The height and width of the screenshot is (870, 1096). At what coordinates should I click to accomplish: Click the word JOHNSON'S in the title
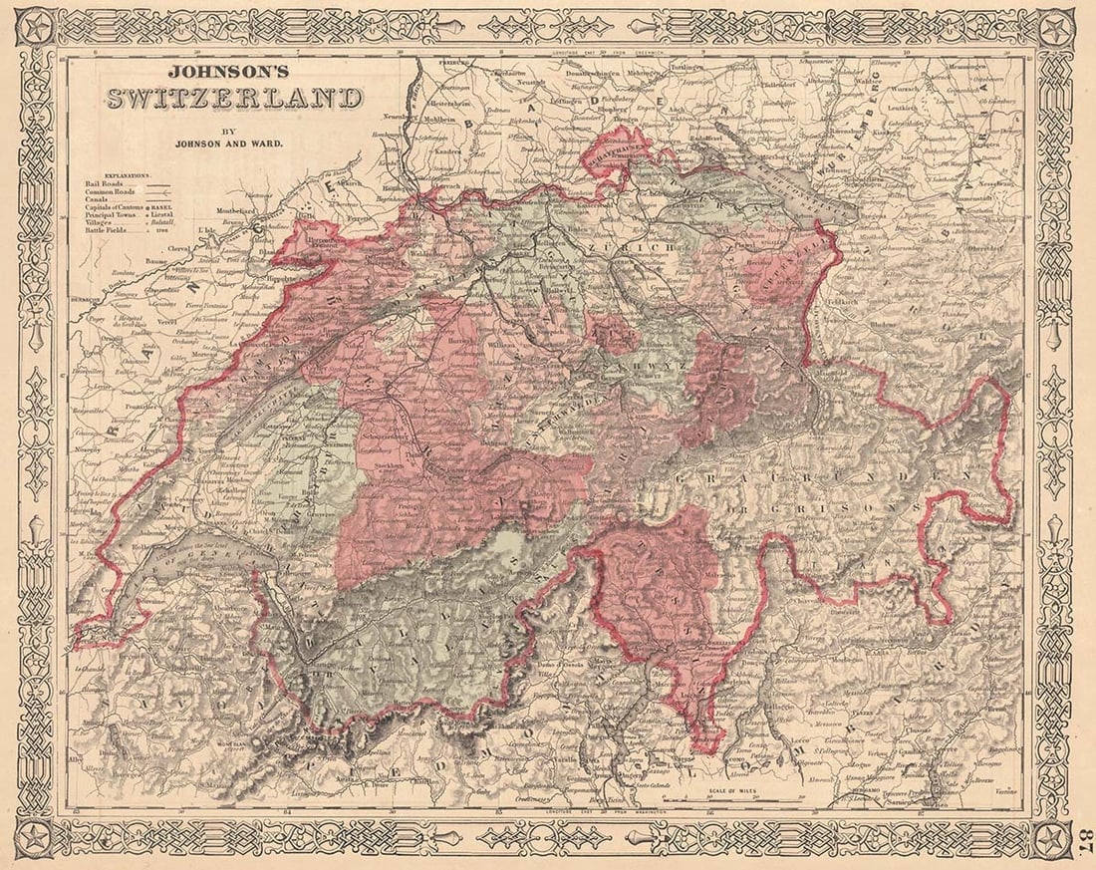click(x=222, y=73)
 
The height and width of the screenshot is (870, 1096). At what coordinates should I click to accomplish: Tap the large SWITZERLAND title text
click(x=234, y=99)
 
